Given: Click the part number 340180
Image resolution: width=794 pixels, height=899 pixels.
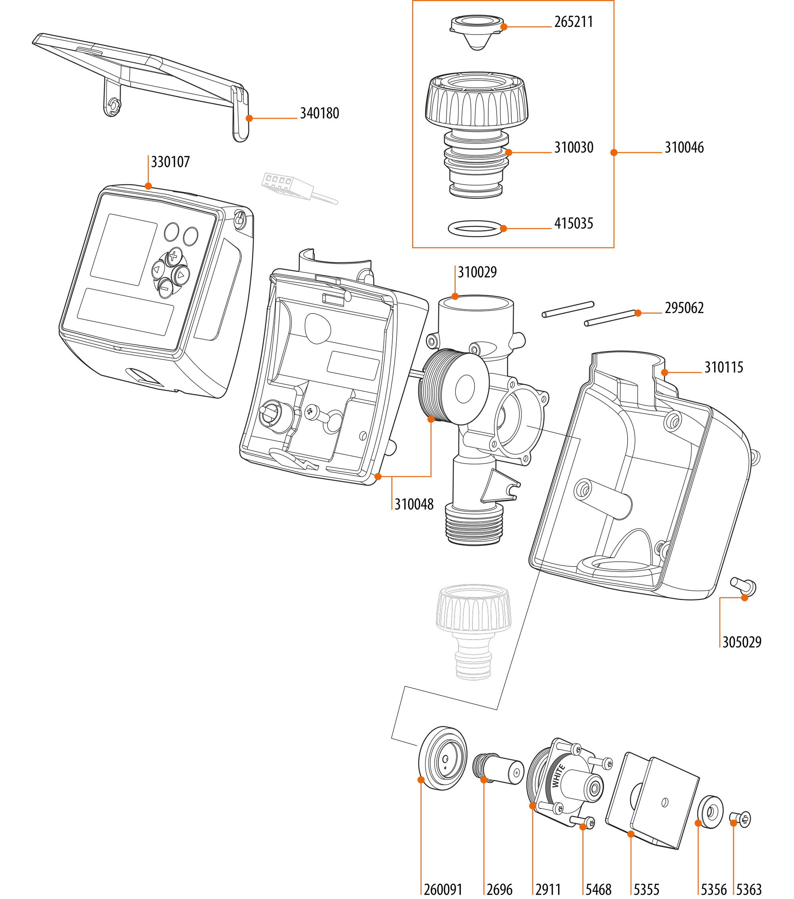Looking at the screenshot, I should click(x=319, y=114).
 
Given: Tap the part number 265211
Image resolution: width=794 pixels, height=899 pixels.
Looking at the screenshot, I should click(x=573, y=22).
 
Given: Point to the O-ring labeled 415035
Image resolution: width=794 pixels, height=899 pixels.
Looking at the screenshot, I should click(x=475, y=229).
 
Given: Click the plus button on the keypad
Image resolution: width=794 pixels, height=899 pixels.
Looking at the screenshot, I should click(x=173, y=256).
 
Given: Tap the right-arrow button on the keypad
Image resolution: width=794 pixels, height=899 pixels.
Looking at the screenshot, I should click(x=181, y=275).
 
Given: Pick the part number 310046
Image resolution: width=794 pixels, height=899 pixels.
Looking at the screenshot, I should click(x=684, y=148).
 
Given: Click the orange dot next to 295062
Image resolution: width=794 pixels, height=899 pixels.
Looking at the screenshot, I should click(x=638, y=313).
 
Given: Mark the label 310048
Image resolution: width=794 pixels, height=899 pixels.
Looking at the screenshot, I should click(x=414, y=505).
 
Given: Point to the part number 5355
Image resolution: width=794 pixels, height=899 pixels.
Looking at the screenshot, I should click(x=646, y=889).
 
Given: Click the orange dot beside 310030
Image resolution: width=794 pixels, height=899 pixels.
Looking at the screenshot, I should click(x=509, y=153).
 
